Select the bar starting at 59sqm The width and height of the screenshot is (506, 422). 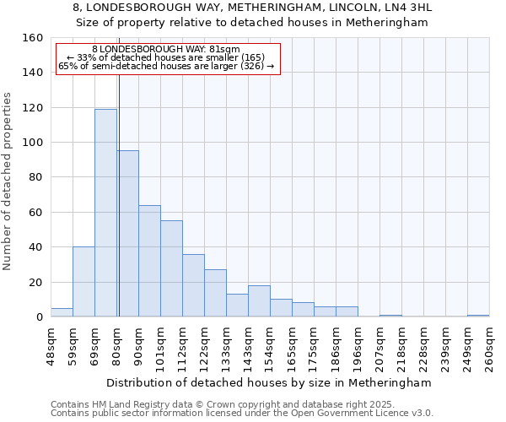tap(83, 282)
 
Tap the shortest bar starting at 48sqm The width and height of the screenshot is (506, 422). tap(62, 312)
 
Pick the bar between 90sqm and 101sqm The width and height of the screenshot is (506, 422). tap(149, 261)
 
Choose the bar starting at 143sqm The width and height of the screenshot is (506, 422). tap(259, 301)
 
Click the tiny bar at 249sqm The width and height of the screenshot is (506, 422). tap(478, 316)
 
